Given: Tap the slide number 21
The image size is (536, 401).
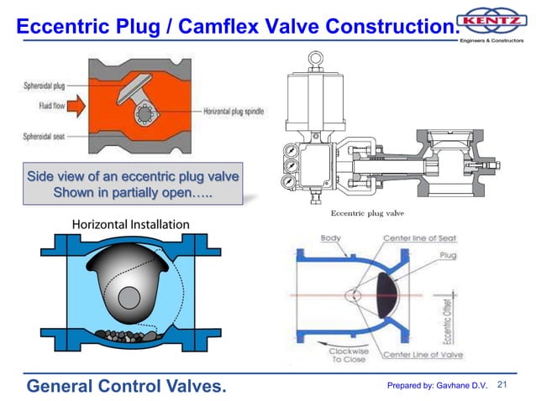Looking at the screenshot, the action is [504, 385].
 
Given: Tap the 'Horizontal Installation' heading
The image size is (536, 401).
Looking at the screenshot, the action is [130, 225].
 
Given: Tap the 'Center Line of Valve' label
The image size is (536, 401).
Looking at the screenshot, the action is [425, 355].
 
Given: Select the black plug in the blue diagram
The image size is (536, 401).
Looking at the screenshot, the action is [397, 297].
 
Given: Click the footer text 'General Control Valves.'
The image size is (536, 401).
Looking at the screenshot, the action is [127, 386].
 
